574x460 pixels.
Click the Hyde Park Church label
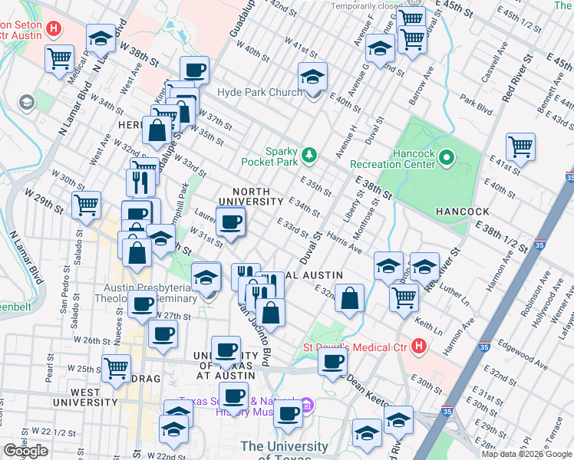[x=260, y=93]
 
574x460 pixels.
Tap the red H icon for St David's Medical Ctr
[x=418, y=347]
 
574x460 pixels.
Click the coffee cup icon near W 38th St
[x=195, y=71]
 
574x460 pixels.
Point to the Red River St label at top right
[x=517, y=79]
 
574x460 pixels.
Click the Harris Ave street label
[x=344, y=241]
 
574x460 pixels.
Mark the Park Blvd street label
[x=476, y=105]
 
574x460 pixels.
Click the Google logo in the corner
[x=25, y=451]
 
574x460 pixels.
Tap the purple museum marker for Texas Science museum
[x=306, y=403]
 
